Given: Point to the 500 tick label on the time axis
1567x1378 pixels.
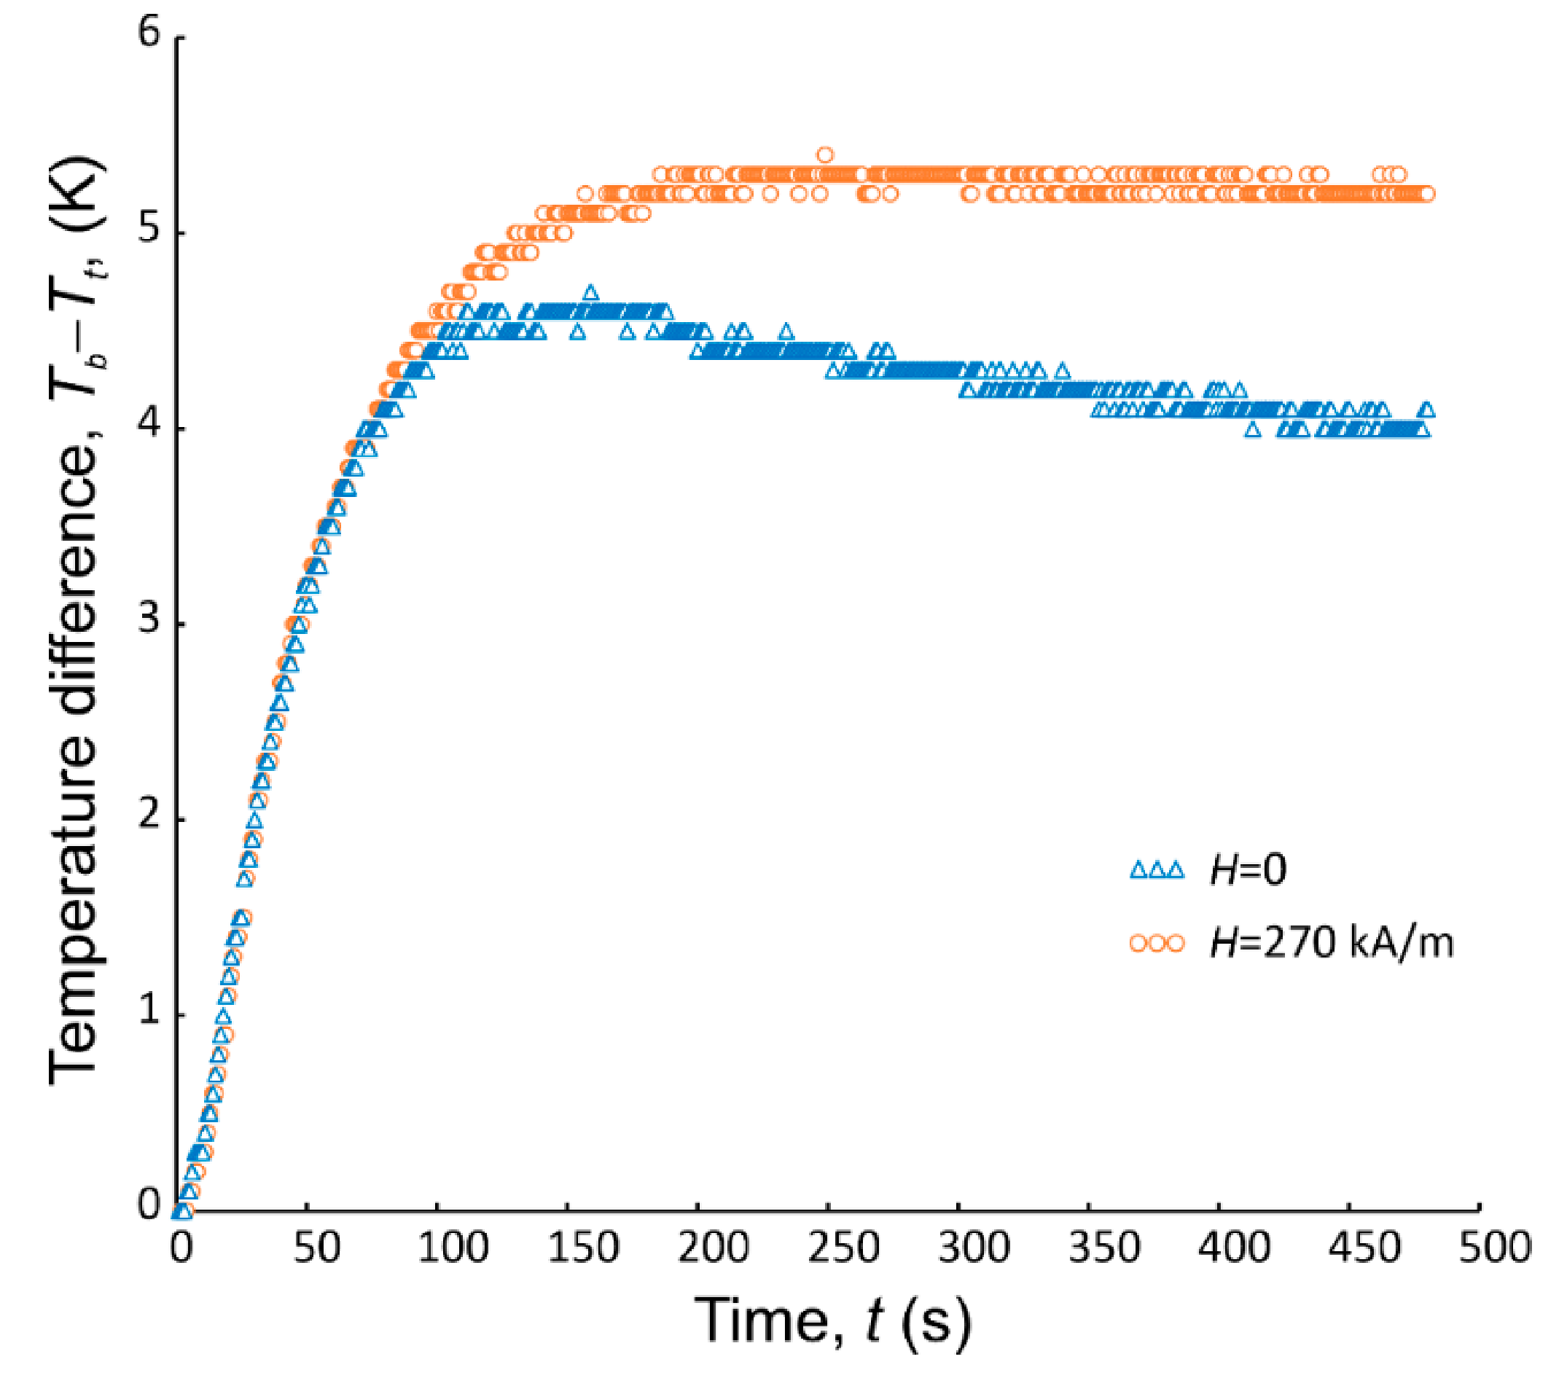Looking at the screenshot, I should [1494, 1247].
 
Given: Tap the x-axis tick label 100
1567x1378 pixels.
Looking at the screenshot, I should [452, 1247].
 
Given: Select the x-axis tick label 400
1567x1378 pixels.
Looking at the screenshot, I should [1233, 1247].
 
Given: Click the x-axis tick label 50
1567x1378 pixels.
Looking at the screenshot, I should [316, 1247].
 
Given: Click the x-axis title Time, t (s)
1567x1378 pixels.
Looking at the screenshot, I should [832, 1320].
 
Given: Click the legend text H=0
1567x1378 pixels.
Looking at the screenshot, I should [1248, 870].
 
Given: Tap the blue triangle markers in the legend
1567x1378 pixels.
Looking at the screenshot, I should [1157, 870].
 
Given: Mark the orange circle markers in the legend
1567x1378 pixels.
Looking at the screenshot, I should [1157, 943].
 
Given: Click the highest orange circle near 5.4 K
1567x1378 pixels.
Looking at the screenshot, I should [825, 154].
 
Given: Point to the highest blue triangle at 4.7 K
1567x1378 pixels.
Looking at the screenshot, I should [590, 293].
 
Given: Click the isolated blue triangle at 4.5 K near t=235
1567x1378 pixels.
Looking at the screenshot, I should [786, 332].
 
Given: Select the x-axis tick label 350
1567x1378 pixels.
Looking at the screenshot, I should [1103, 1247].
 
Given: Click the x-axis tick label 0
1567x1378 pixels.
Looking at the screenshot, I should [181, 1247].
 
